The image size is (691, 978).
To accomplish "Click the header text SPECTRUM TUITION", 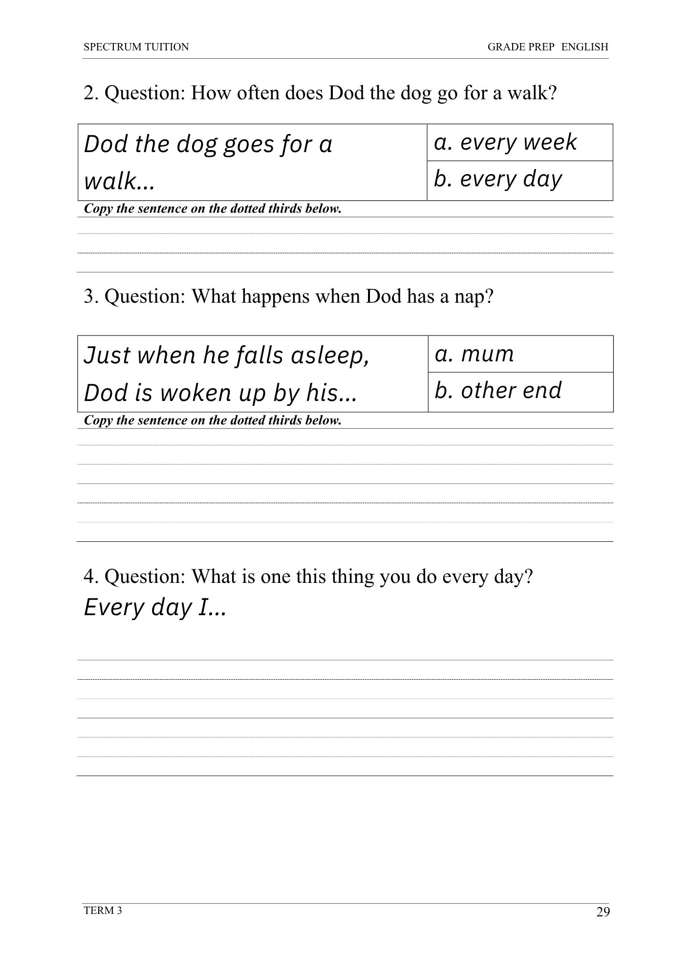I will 136,47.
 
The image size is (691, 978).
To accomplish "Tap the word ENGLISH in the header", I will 584,47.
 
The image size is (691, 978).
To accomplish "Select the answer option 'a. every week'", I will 505,142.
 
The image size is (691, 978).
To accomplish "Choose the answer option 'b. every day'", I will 498,179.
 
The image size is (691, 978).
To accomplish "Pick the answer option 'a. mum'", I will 474,354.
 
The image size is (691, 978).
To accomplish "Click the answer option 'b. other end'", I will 498,391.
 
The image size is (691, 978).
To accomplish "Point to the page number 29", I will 603,912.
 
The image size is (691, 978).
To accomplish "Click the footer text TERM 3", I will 103,910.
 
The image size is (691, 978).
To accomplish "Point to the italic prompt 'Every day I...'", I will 155,608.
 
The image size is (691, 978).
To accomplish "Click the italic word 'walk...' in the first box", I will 119,182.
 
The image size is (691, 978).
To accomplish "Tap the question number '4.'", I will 91,577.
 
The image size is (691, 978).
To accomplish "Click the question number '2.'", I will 91,93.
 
